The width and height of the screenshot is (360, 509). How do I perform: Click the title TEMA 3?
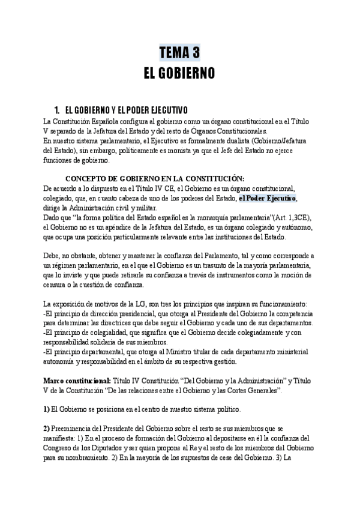click(179, 53)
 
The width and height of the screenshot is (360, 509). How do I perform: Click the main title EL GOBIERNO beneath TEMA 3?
click(179, 73)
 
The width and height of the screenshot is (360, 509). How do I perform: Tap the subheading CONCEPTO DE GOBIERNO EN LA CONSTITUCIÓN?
click(154, 178)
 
